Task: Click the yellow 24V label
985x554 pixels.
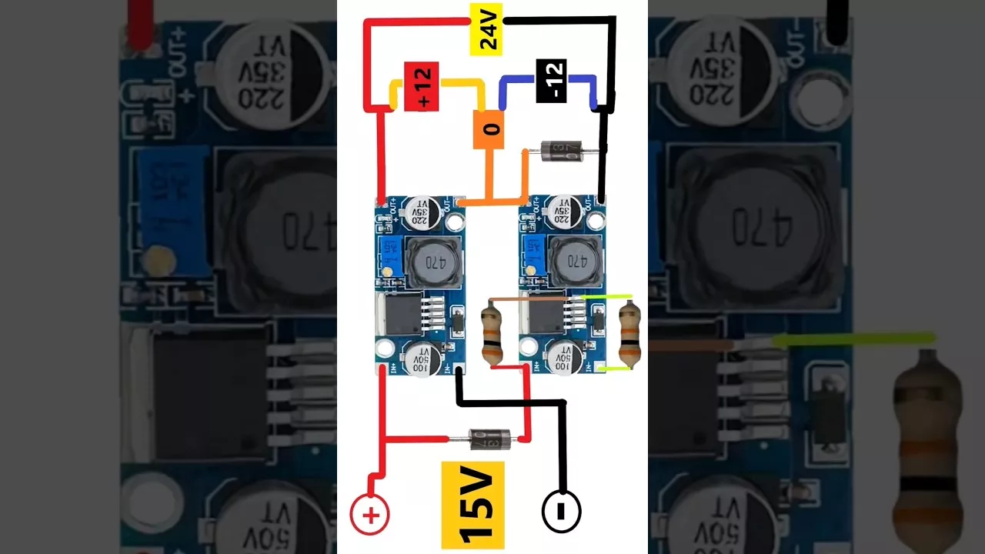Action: click(486, 28)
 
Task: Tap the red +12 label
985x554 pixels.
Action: click(421, 86)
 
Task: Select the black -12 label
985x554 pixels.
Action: click(551, 81)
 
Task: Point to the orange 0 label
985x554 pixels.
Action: click(489, 129)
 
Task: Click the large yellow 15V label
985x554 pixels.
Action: click(472, 504)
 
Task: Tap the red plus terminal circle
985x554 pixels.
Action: click(370, 515)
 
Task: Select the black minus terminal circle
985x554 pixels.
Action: click(562, 511)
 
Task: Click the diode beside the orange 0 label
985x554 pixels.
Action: click(560, 151)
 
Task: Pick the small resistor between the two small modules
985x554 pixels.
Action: click(492, 334)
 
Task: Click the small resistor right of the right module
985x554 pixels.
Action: click(629, 334)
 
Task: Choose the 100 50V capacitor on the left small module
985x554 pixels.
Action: click(422, 359)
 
